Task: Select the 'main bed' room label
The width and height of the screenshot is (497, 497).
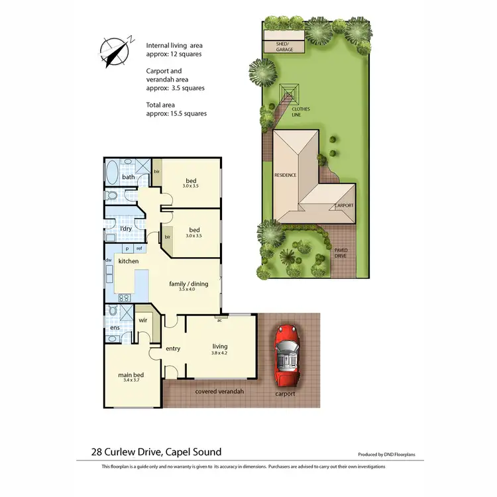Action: tap(131, 375)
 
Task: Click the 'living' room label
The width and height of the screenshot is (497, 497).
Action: tap(219, 346)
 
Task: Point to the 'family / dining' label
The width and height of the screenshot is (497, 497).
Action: tap(188, 284)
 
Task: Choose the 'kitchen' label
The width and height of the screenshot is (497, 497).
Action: tap(128, 262)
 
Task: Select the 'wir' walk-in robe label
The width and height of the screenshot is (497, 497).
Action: tap(142, 320)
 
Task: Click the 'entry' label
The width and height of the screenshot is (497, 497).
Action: tap(173, 349)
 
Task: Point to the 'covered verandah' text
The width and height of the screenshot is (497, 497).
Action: tap(219, 392)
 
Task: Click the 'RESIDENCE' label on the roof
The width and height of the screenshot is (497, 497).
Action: tap(285, 175)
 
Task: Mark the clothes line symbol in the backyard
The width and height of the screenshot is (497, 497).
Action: tap(289, 92)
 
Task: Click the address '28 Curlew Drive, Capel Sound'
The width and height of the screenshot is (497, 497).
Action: tap(156, 452)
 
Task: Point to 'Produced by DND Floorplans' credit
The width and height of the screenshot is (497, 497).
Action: tap(391, 455)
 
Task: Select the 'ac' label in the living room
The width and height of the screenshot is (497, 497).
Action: tap(218, 320)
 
